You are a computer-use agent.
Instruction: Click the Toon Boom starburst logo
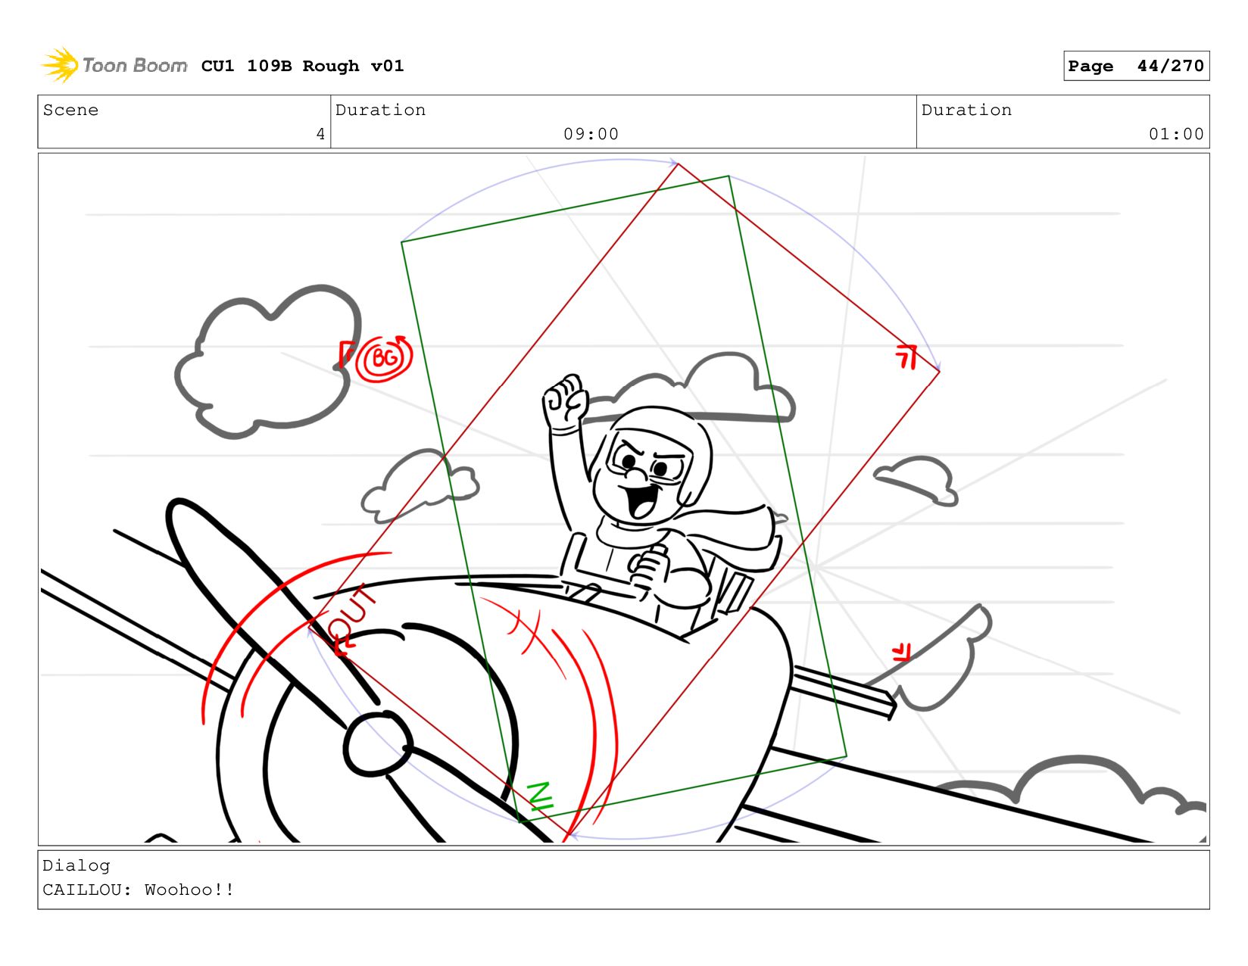60,65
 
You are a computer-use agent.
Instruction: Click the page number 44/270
1170,66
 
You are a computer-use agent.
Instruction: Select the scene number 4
320,134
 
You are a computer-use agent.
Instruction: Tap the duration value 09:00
591,134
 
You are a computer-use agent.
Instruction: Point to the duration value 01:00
1175,134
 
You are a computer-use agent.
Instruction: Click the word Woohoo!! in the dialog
189,890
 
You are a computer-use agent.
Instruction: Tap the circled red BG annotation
384,358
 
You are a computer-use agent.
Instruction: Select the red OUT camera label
351,619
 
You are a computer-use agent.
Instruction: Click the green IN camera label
541,796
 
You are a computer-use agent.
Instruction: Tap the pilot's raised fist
565,400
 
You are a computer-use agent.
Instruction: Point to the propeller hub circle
377,744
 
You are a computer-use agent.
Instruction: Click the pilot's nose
636,474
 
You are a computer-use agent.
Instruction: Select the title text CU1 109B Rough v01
302,66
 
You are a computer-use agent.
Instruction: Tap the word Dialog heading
76,865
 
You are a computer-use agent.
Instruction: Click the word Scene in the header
70,110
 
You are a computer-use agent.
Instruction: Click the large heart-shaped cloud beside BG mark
268,362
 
